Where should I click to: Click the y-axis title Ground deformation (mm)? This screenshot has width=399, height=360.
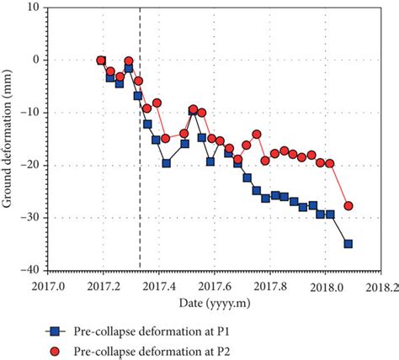11,139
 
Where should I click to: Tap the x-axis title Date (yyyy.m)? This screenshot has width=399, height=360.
213,301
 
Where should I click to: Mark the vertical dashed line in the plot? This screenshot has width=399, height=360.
140,168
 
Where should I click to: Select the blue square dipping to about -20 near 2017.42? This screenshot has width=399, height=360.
167,163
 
